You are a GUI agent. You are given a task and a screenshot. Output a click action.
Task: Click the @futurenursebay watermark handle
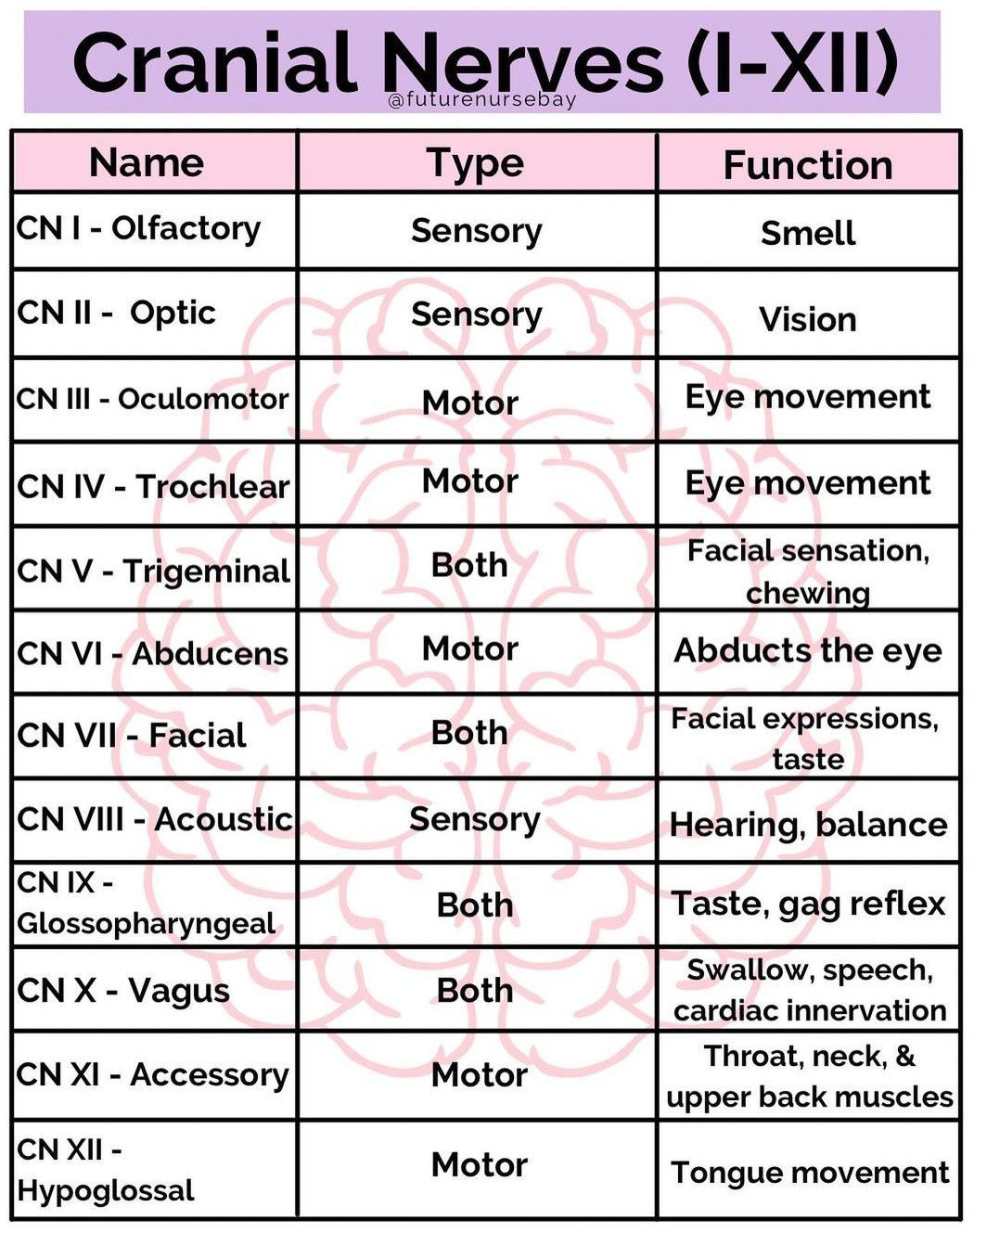(482, 101)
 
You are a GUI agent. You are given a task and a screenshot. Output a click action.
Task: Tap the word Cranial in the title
(212, 61)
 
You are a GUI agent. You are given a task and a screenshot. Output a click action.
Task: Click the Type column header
(476, 164)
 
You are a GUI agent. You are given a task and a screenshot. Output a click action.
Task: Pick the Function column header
(808, 165)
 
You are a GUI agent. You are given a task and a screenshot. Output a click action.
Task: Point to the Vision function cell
(808, 319)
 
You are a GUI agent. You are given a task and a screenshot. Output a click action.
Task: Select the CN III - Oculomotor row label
(152, 399)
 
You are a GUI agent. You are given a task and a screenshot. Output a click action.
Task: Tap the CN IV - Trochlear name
(153, 486)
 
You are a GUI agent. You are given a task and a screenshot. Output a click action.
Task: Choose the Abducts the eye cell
(808, 651)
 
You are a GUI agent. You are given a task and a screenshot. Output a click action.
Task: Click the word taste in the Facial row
(808, 760)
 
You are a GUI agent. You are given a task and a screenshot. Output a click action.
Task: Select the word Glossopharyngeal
(146, 924)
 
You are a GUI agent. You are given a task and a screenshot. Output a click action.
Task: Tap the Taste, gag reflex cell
(808, 905)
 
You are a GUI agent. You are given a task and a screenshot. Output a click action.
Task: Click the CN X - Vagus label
(122, 990)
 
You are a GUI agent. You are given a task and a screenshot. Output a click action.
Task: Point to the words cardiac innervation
(810, 1011)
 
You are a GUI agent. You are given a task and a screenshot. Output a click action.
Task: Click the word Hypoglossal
(106, 1191)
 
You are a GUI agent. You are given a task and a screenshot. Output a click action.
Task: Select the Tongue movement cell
(810, 1173)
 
